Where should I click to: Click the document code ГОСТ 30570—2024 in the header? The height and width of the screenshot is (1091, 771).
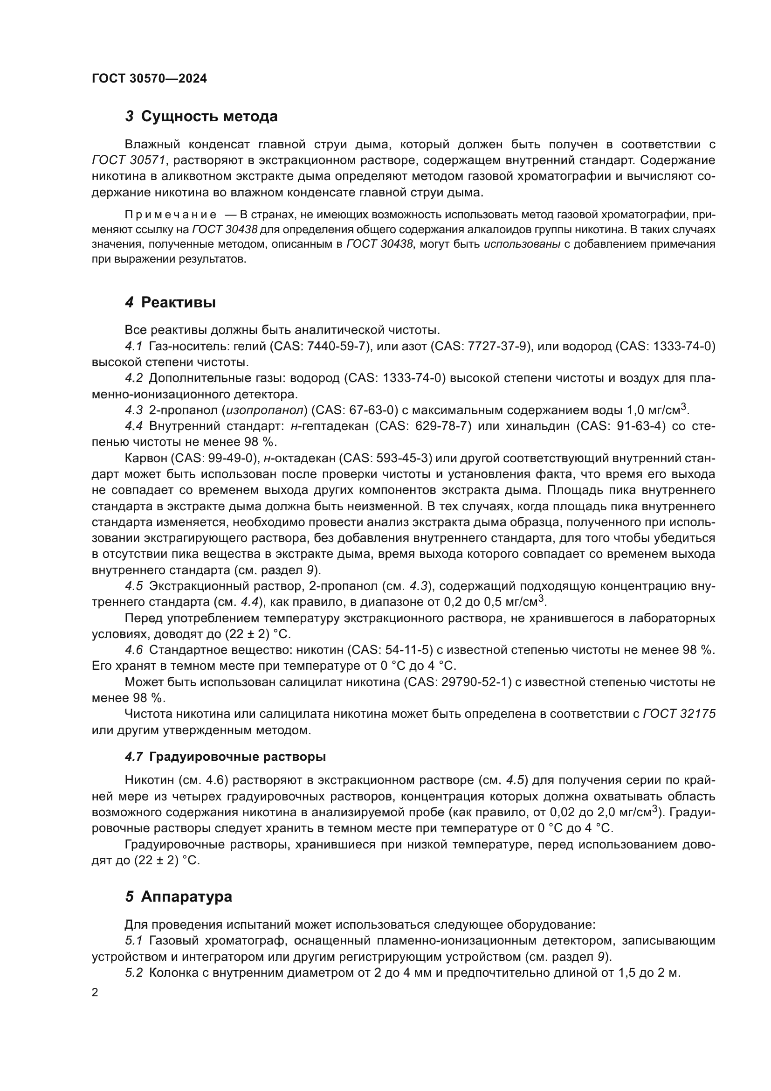tap(149, 79)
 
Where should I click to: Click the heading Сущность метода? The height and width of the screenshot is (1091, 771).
tap(209, 117)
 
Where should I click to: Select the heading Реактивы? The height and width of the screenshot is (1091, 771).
tap(178, 302)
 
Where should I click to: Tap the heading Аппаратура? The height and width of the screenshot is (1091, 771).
tap(186, 896)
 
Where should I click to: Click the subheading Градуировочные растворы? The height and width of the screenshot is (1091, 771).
tap(237, 757)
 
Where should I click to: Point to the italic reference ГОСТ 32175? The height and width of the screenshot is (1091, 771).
tap(679, 714)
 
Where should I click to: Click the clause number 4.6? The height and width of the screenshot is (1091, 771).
tap(134, 650)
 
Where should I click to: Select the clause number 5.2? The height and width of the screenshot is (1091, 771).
tap(134, 973)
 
